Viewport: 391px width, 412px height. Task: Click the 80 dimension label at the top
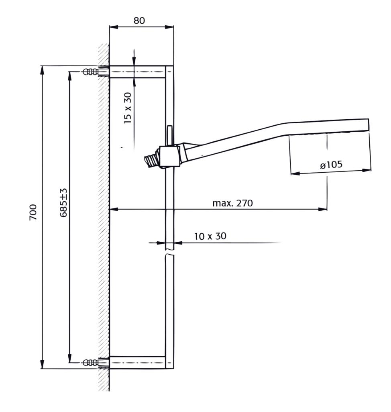pos(139,20)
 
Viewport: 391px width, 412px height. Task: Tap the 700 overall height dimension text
pos(33,212)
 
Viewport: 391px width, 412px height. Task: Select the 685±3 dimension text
pos(63,202)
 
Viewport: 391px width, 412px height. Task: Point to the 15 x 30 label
pos(128,108)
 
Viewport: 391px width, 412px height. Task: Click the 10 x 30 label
pos(210,236)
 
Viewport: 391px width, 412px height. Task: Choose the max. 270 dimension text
pos(233,203)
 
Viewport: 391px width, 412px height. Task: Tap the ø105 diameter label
pos(332,165)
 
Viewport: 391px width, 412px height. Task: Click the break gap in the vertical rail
pos(170,252)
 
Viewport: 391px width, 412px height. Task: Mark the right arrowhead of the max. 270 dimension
pos(323,210)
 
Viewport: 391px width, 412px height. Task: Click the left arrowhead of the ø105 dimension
pos(295,173)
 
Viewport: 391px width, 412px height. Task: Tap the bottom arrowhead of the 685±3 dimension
pos(69,358)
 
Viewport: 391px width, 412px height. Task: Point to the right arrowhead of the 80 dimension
pos(169,27)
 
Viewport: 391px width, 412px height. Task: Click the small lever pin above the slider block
pos(169,136)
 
